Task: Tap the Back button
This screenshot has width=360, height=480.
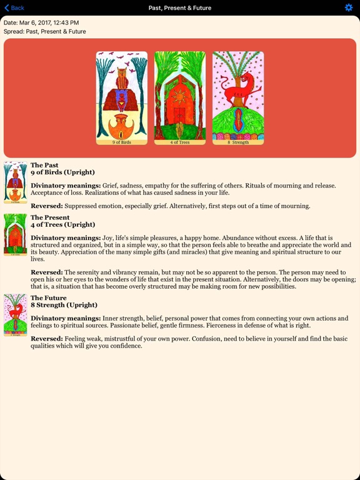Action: [14, 7]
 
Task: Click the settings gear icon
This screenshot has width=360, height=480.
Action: [349, 7]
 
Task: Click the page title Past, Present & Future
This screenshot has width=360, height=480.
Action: [180, 7]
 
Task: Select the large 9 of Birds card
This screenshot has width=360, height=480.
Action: [122, 97]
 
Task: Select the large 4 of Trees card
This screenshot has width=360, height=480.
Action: [180, 97]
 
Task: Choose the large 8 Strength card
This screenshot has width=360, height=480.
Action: [238, 97]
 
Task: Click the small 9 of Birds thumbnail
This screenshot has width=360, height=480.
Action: [15, 182]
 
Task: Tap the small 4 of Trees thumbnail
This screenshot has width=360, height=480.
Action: [15, 235]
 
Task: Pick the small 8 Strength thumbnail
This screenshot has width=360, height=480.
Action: [15, 315]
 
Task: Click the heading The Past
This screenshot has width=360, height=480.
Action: [44, 166]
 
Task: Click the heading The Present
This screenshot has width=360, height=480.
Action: [49, 217]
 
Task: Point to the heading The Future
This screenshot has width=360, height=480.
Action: [48, 298]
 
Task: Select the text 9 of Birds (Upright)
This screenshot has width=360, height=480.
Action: [62, 172]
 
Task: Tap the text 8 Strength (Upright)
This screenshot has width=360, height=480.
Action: [64, 305]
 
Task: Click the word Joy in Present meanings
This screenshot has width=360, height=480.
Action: [110, 238]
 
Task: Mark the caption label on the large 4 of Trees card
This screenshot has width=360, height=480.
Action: [180, 142]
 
